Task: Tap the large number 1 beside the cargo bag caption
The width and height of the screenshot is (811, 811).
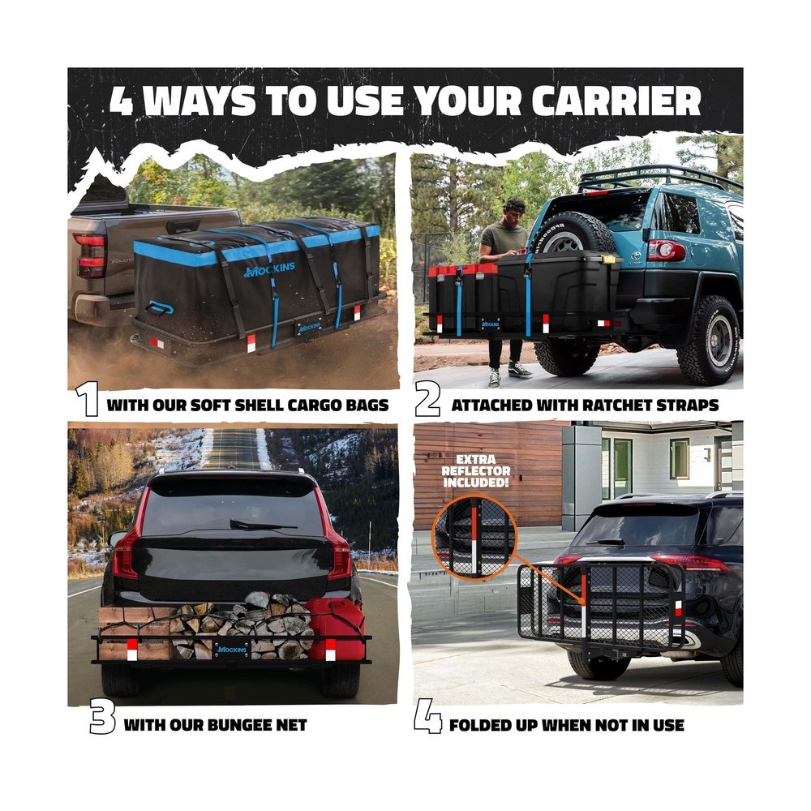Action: point(87,399)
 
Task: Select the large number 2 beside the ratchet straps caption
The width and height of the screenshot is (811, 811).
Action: point(427,400)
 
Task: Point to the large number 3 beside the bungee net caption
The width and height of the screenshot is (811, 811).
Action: point(102,716)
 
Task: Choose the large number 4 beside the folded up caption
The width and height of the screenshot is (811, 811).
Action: point(427,716)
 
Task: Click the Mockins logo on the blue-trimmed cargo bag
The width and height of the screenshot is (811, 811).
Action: point(269,269)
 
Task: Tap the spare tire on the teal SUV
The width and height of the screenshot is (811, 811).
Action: point(572,237)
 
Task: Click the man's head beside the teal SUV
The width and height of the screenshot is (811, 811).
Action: point(513,208)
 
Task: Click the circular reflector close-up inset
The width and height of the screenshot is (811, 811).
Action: point(474,538)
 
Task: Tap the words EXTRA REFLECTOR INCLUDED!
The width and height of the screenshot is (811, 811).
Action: point(475,470)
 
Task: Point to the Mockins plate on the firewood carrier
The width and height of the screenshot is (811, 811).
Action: point(231,649)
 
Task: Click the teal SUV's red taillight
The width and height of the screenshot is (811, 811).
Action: point(666,250)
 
